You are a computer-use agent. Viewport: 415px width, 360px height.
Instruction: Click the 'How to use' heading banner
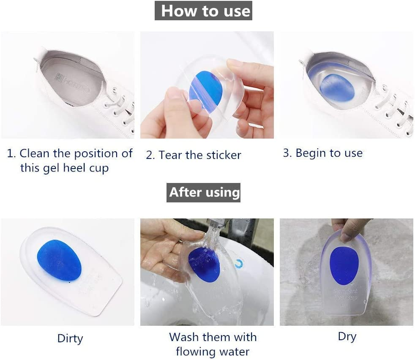203,11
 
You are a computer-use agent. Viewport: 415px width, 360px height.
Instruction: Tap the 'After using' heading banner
203,193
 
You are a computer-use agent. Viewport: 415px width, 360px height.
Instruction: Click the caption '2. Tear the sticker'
194,155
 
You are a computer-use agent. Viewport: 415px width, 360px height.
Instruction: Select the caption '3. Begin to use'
322,153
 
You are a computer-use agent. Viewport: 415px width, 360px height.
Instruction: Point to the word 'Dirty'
70,338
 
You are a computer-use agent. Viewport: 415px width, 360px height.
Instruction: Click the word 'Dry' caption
347,337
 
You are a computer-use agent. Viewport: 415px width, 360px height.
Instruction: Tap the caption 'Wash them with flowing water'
213,344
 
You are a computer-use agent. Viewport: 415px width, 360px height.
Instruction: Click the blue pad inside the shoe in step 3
337,87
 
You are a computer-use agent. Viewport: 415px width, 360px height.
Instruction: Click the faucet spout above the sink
219,229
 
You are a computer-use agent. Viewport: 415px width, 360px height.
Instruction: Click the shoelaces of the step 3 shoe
395,108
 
